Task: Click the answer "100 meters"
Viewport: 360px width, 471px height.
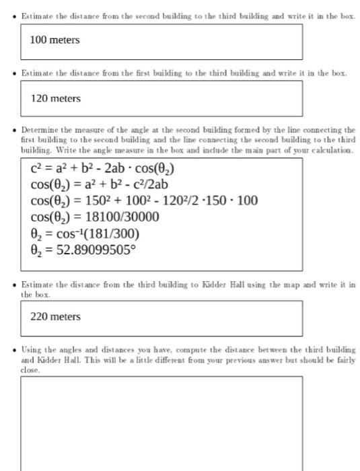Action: point(55,40)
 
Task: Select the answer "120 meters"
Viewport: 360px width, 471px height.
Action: point(55,99)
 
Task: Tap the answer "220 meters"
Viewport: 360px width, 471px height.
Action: point(55,317)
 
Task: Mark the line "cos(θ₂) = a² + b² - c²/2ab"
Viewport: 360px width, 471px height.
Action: point(99,184)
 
